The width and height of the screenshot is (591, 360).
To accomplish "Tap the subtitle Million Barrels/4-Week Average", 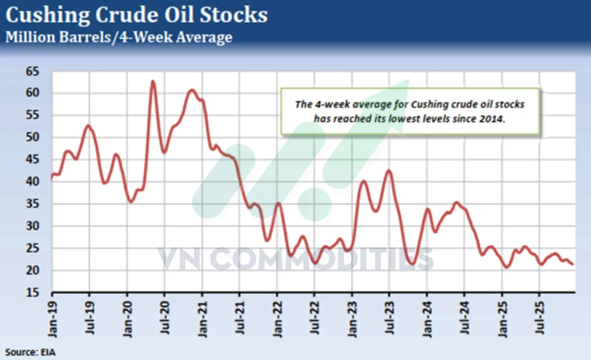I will coord(119,37).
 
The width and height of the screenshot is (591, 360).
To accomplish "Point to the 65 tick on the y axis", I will coord(32,71).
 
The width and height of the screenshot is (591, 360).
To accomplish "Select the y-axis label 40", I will coord(32,181).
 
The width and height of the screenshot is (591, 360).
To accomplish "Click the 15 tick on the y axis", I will coord(32,292).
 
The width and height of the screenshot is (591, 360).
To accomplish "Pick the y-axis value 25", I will coord(32,248).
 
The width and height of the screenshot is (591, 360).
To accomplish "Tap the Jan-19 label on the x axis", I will coord(53,319).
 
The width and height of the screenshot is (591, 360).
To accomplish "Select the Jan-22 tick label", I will coord(277,319).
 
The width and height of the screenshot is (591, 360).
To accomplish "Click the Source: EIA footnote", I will coord(30,352).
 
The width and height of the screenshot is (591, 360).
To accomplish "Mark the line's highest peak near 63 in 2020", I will coord(153,81).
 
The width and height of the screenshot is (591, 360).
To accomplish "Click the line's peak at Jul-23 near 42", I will coord(389,170).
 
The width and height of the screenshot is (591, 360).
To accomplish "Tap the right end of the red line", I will coord(573,264).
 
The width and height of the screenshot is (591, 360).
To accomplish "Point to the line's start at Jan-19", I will coord(52,179).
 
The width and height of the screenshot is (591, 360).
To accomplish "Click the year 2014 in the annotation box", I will coord(492,119).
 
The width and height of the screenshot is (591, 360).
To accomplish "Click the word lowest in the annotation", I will coord(402,119).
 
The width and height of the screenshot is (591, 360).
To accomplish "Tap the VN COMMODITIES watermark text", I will coord(296,259).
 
